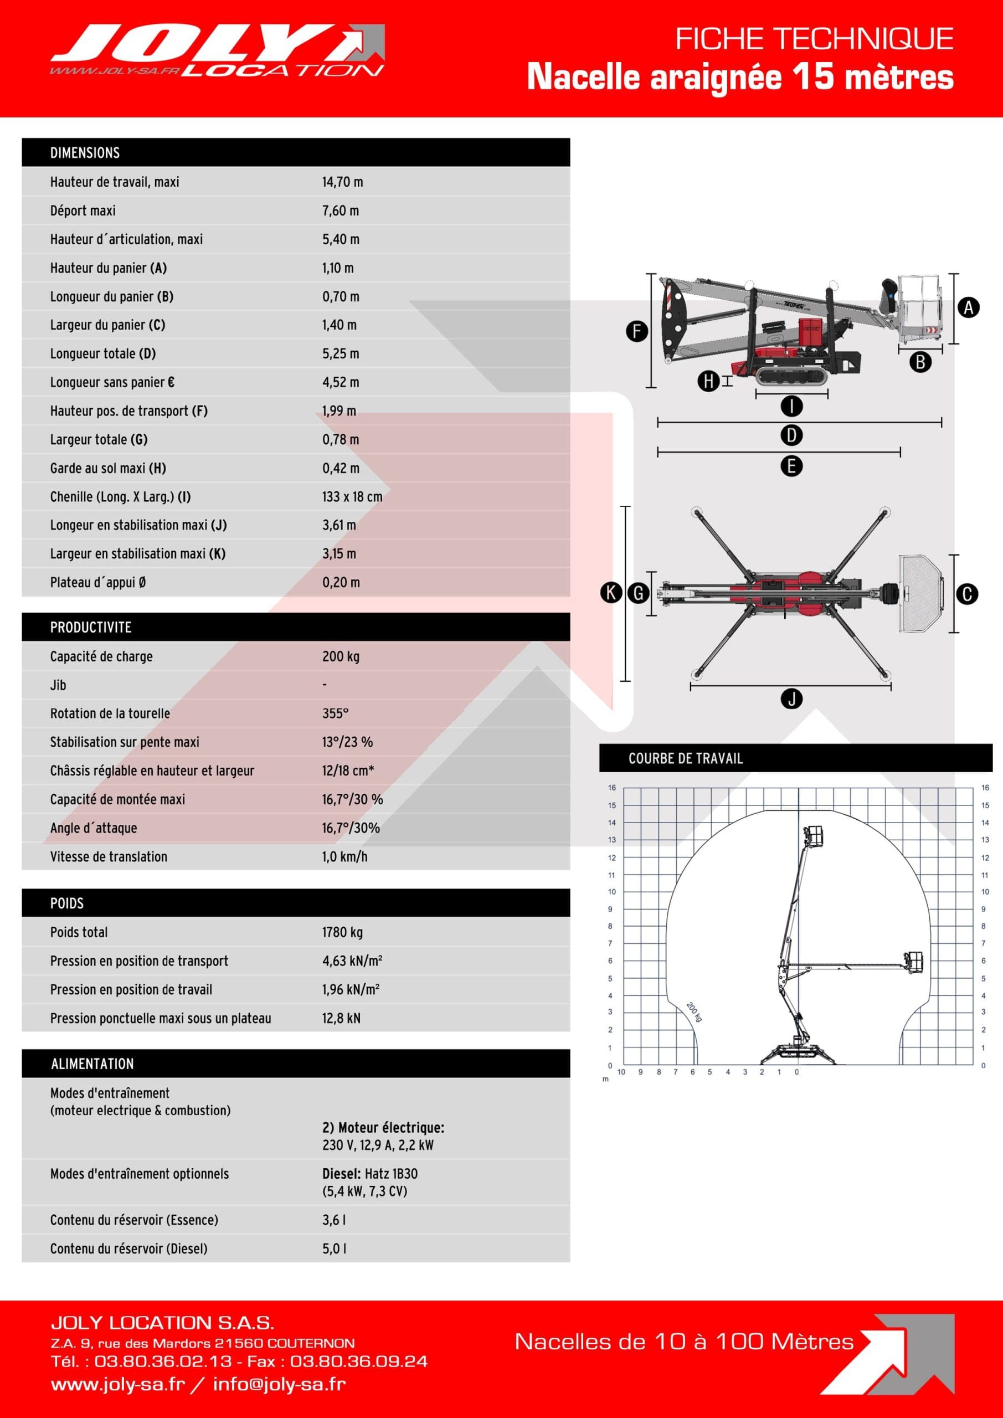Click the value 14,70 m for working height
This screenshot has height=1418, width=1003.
pos(342,182)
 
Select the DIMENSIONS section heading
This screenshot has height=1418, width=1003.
pos(85,152)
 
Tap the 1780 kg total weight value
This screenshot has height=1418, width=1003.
pos(342,932)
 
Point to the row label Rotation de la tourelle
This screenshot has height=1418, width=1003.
pos(110,713)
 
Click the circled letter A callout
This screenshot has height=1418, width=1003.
pos(969,307)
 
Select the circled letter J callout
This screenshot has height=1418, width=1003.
pos(791,698)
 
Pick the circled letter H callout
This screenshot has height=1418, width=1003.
pos(708,381)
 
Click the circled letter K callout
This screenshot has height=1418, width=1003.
pos(611,593)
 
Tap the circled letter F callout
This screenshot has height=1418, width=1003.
pos(637,332)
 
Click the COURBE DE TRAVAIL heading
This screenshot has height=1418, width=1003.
pos(686,758)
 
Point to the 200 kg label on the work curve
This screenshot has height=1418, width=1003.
pos(694,1011)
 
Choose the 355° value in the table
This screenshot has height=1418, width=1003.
pos(336,713)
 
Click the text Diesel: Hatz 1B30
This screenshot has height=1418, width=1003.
pos(370,1173)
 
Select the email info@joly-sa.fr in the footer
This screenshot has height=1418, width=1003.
pos(279,1384)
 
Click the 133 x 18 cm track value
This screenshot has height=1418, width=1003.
pos(352,496)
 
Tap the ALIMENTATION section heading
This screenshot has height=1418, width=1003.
pos(92,1063)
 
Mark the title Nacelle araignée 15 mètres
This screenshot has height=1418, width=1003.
pos(740,77)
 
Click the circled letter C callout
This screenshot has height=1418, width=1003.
pos(967,594)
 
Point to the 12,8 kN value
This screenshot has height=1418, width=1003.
pos(341,1018)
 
